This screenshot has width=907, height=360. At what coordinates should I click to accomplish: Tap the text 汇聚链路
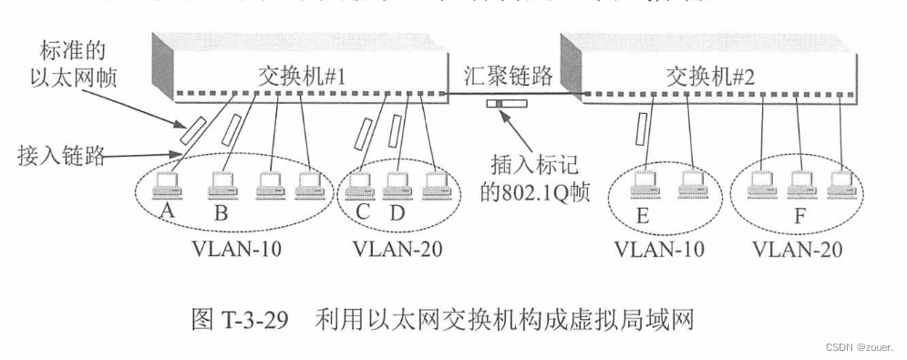(x=509, y=77)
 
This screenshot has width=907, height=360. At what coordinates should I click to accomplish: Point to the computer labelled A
(x=167, y=183)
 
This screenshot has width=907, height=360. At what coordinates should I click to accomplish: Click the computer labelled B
(x=221, y=183)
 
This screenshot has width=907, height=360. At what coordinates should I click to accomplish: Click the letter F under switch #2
(x=799, y=219)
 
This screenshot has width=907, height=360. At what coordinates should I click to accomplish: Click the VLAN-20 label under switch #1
(x=397, y=248)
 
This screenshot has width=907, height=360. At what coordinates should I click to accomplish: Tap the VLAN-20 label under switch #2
(x=798, y=248)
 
